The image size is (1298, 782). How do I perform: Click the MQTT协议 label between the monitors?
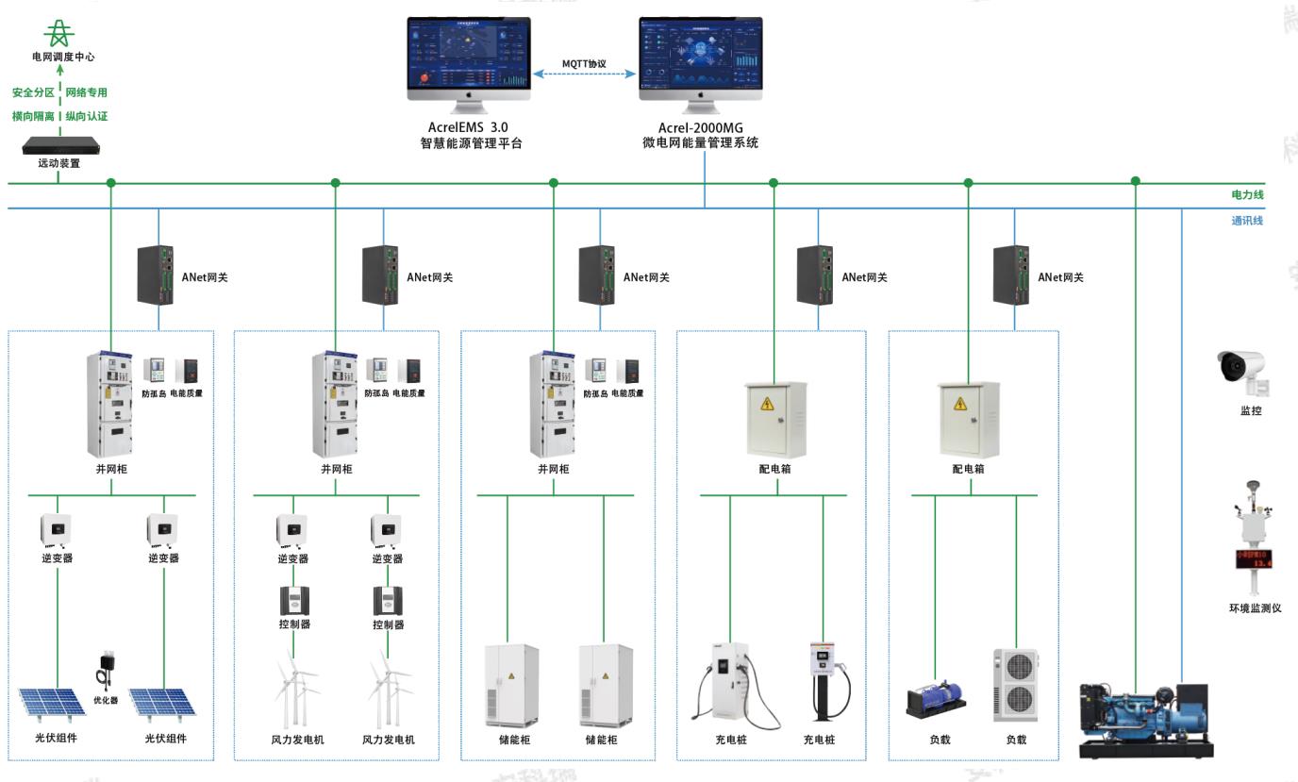584,64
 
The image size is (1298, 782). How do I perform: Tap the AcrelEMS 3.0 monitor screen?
469,56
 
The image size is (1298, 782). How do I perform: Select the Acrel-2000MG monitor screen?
700,56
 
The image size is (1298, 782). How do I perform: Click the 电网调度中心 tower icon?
60,34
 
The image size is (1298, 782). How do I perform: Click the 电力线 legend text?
1247,195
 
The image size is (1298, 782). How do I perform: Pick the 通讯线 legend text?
1247,221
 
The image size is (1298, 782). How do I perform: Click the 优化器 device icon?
105,671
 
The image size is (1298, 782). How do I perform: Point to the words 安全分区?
33,92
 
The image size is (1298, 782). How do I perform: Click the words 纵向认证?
87,116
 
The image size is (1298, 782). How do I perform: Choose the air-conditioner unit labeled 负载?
1014,686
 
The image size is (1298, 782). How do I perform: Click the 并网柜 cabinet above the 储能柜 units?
554,404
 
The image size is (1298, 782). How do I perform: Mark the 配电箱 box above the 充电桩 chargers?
775,419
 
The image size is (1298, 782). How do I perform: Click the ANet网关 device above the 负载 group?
1011,275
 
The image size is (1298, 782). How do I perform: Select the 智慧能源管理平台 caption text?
470,144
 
